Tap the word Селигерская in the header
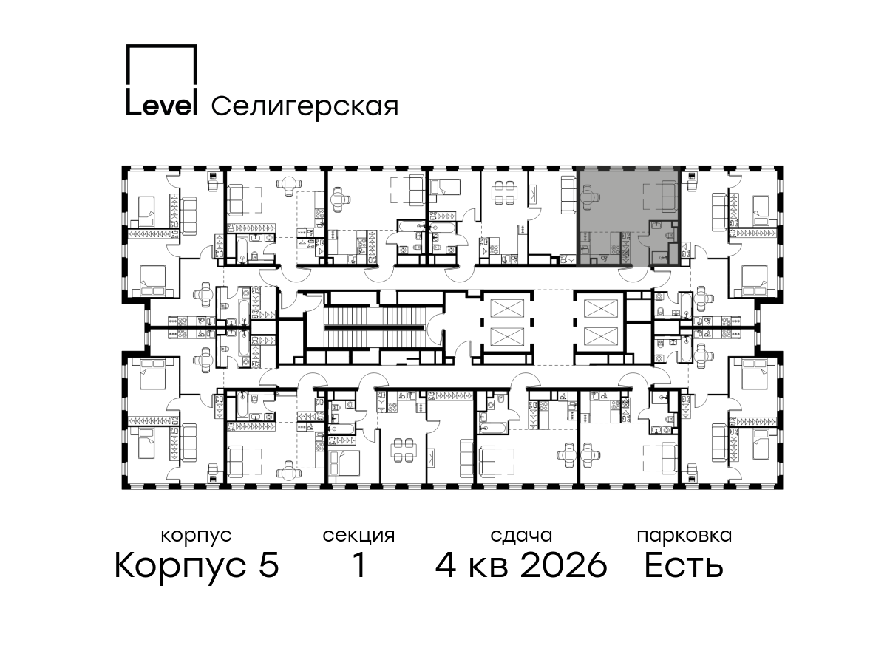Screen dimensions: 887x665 (x=305, y=106)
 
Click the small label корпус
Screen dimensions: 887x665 (x=197, y=536)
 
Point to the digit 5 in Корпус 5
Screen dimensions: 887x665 (x=269, y=565)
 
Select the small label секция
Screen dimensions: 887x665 (x=358, y=536)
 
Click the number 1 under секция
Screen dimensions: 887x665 (x=359, y=565)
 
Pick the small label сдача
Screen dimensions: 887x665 (x=521, y=536)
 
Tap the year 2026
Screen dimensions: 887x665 (x=564, y=565)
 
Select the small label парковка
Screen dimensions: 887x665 (x=684, y=536)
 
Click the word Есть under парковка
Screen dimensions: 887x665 (x=684, y=565)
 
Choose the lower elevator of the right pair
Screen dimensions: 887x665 (x=601, y=336)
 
